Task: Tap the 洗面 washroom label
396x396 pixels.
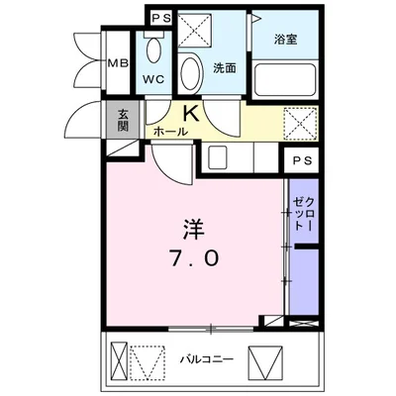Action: coord(224,68)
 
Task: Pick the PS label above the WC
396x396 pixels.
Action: coord(161,19)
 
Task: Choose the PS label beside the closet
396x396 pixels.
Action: coord(300,162)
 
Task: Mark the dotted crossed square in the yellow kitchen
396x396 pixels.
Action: coord(296,123)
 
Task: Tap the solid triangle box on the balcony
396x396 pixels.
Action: coord(265,359)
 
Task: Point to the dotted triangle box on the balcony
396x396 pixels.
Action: coord(147,361)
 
